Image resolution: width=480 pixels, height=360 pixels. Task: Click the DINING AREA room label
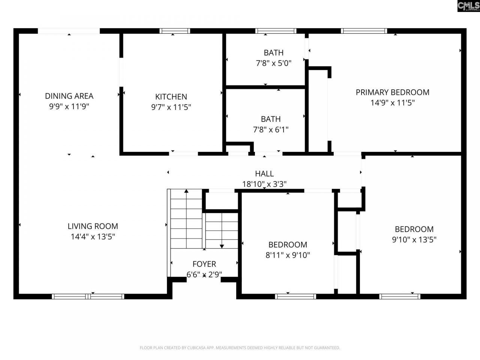point(69,96)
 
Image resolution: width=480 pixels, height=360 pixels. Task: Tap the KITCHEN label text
point(171,97)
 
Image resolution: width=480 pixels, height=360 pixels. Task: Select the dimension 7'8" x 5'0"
point(273,63)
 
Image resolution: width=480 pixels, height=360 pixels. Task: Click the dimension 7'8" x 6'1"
point(271,130)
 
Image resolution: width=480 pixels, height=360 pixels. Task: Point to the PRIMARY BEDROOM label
point(392,92)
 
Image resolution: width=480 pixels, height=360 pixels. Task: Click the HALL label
point(264,174)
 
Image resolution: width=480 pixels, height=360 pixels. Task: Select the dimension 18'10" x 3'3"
point(264,184)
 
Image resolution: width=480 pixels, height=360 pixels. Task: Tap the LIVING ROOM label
point(93,226)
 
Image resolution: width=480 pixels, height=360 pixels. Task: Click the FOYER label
point(204,264)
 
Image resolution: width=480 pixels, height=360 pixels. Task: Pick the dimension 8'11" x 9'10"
point(288,255)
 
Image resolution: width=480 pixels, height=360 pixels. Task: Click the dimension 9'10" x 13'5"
point(414,240)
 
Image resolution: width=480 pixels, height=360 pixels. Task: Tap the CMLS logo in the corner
point(468,6)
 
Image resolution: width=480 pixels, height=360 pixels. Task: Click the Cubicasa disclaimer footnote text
point(240,348)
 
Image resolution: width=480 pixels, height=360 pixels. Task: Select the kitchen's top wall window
point(174,31)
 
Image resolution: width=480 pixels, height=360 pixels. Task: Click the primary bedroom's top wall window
point(364,31)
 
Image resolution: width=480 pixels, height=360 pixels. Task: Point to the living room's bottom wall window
point(88,296)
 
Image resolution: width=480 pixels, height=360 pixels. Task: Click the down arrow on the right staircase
point(222,246)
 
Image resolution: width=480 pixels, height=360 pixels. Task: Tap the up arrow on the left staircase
point(186,192)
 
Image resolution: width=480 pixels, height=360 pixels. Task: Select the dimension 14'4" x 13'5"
point(93,237)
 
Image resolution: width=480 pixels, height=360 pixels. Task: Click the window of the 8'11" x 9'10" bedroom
point(295,296)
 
